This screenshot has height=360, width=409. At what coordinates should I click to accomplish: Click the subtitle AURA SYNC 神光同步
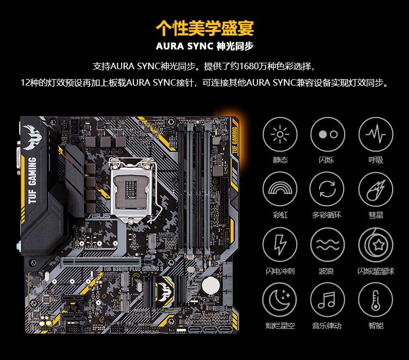(204, 45)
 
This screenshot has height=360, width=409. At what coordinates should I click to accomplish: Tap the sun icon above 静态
(280, 134)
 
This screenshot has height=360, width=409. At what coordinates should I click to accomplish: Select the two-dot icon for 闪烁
(328, 134)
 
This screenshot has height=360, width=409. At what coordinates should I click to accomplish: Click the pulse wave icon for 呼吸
(376, 134)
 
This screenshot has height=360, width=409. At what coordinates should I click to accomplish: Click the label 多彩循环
(327, 215)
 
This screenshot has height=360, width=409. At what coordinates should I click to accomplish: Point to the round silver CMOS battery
(210, 285)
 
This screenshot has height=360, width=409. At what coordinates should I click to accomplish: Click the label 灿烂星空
(280, 326)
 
